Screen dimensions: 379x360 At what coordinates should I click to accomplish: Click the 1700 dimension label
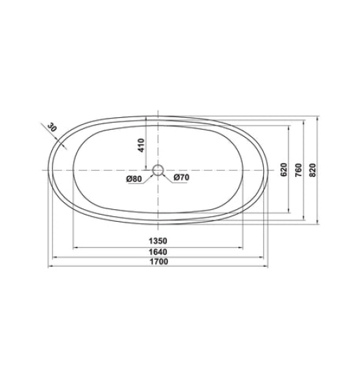(x=159, y=262)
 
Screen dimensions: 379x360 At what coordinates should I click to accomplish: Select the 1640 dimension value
(x=159, y=252)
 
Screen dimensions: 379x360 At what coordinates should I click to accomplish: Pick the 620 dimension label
(x=284, y=171)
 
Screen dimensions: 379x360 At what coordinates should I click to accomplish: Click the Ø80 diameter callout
(x=135, y=179)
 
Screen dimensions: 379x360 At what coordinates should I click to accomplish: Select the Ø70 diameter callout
(x=181, y=179)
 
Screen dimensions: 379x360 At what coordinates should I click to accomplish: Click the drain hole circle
(x=158, y=170)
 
